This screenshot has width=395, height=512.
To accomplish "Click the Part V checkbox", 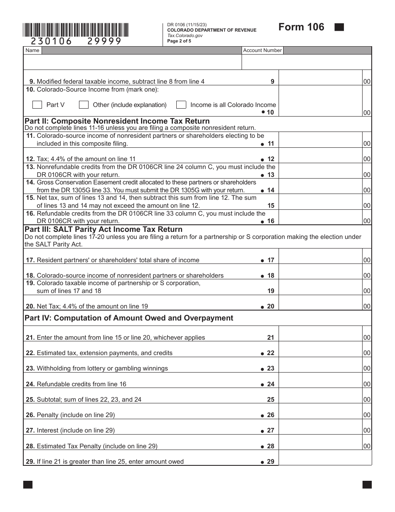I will point(37,104).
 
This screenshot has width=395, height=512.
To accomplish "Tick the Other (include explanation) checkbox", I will point(84,104).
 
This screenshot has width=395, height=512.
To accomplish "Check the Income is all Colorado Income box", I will point(181,104).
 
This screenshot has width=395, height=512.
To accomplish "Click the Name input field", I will point(133,62).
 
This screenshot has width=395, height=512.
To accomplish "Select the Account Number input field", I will point(306,62).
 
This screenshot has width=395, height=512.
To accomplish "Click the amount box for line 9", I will point(320,81).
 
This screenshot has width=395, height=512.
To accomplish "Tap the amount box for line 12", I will point(320,159).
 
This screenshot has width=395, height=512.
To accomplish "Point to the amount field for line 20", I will point(320,306).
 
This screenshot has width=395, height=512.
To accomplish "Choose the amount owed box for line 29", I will point(324,459).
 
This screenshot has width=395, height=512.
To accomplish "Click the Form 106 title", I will point(301,27).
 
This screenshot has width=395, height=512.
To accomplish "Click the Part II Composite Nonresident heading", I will point(117,121).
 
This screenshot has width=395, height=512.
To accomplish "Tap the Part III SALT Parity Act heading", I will point(104,229).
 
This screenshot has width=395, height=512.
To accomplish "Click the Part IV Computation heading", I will point(129,318).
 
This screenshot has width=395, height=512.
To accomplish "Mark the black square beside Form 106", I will point(339,27).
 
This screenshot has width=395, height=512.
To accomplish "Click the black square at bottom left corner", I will point(28,485).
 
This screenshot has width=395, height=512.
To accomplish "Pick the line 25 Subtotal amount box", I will point(320,399).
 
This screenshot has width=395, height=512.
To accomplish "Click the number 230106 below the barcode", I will point(48,41).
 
